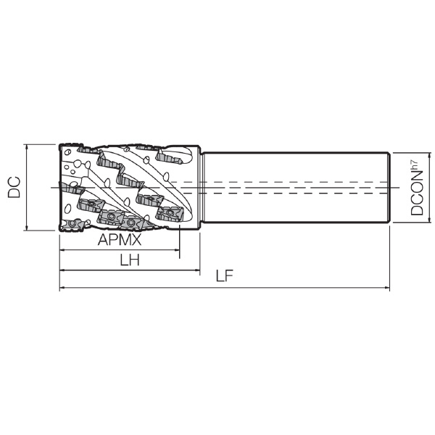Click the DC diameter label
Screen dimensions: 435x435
(14, 187)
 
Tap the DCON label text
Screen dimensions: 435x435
(417, 193)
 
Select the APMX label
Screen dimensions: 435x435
(120, 239)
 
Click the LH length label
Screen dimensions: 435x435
(130, 260)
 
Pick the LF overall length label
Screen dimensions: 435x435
(225, 275)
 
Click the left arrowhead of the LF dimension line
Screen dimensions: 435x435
(62, 288)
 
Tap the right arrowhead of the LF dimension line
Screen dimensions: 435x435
(387, 288)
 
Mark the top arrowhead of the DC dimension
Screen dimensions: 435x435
(27, 147)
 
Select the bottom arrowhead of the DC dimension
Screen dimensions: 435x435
(27, 228)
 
